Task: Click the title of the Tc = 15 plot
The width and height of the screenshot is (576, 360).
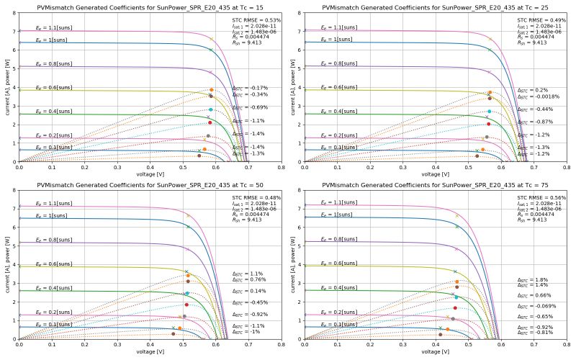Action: (150, 6)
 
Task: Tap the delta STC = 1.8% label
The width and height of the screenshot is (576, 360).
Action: (532, 279)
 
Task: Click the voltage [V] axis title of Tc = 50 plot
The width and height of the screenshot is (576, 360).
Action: (150, 352)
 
